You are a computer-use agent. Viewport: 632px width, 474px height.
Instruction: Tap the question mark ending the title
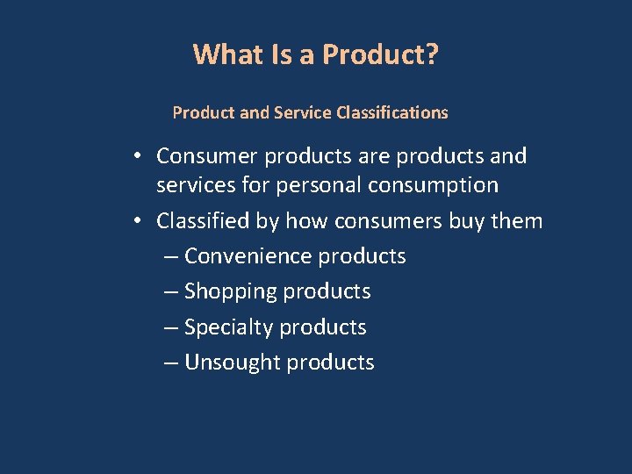(x=432, y=54)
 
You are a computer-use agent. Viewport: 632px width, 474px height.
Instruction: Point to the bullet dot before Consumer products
(x=140, y=157)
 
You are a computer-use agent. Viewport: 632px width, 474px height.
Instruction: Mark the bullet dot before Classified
(x=140, y=221)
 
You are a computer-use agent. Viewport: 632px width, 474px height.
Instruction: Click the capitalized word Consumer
(x=207, y=156)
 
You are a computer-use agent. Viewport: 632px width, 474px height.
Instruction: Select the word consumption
(x=434, y=185)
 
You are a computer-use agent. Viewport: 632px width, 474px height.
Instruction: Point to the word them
(x=518, y=220)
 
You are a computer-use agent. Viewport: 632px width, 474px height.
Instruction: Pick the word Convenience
(x=248, y=256)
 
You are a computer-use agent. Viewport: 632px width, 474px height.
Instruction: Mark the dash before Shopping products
(x=171, y=292)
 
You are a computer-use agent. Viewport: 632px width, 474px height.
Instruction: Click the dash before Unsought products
(x=171, y=363)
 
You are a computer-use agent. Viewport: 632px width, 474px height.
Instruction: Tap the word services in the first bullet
(x=193, y=185)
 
